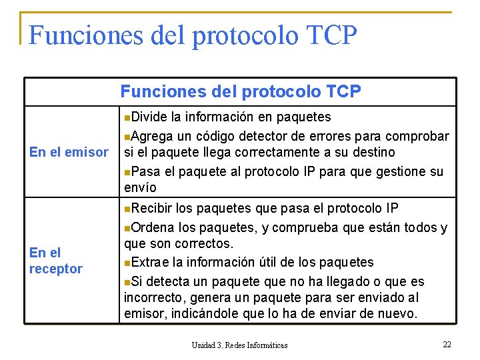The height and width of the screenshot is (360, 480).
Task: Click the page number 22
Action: coord(447,344)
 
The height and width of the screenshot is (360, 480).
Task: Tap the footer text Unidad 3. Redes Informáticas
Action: coord(239,345)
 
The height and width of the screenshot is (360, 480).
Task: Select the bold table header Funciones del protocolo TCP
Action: coord(241,91)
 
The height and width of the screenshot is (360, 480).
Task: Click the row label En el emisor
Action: coord(69,153)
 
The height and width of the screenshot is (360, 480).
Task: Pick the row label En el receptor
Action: coord(56,261)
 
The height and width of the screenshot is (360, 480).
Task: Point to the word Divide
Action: coord(149,117)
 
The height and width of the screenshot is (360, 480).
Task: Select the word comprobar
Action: coord(416,135)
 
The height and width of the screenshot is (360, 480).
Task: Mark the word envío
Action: coord(140,187)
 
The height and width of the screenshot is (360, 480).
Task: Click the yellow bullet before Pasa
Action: coord(127,172)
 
